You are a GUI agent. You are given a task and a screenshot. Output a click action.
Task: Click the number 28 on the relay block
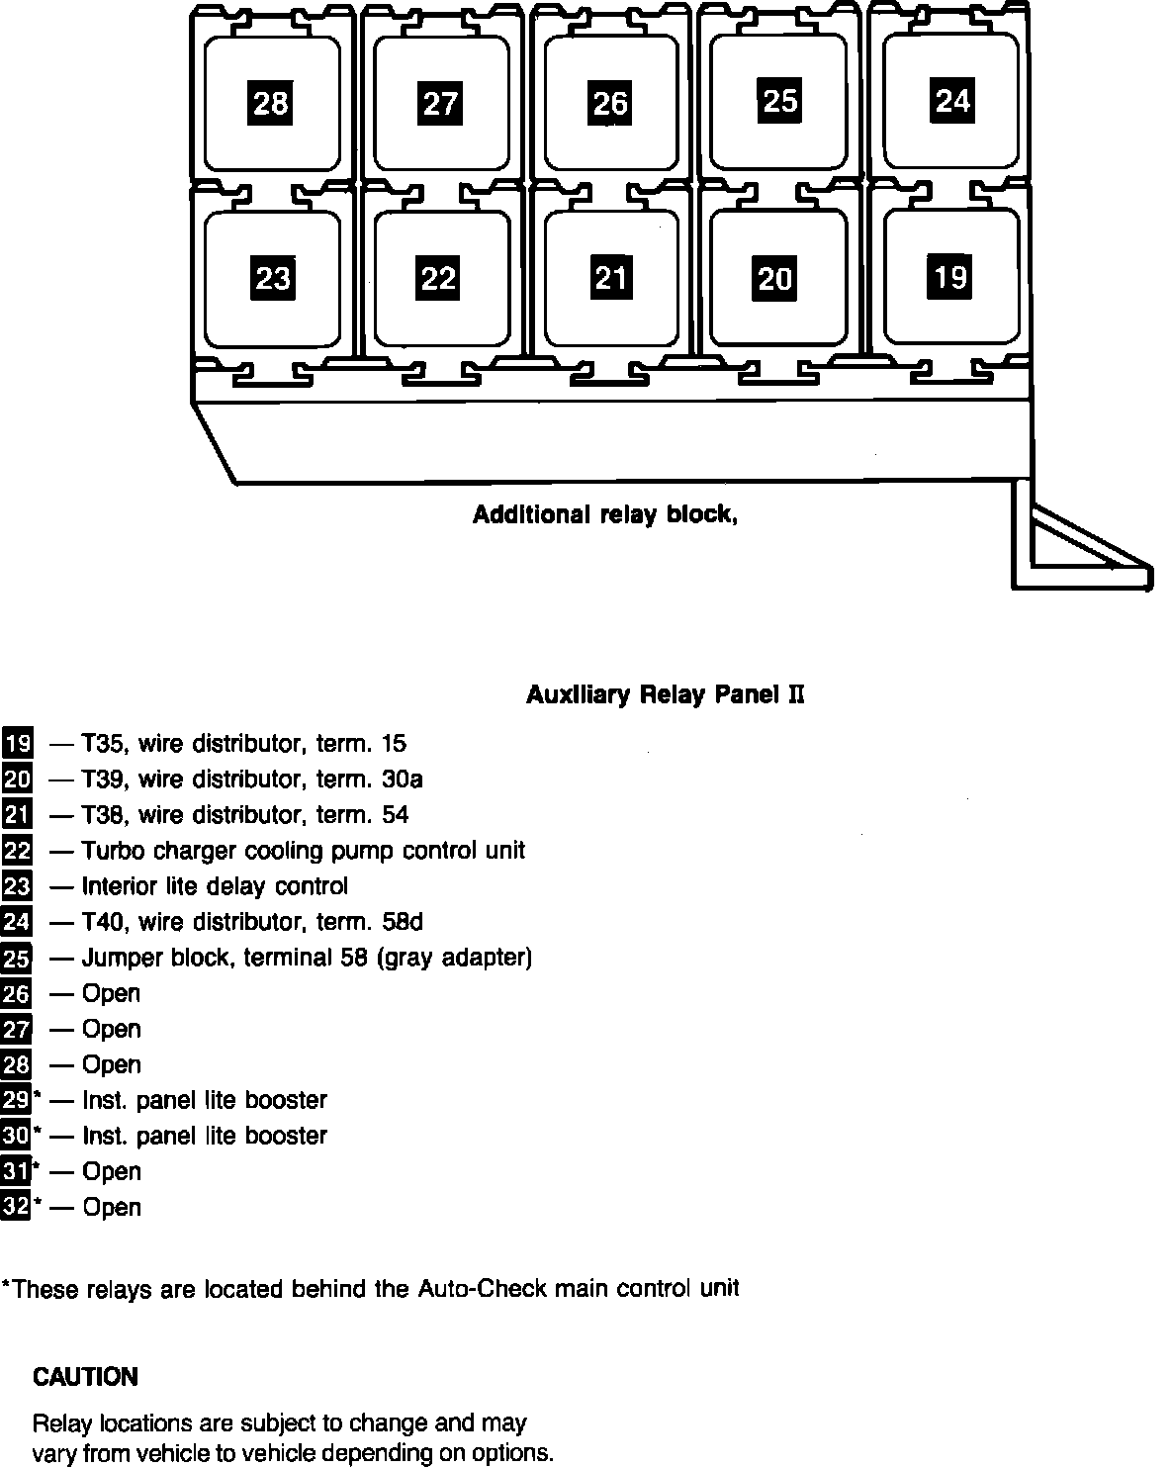click(x=271, y=103)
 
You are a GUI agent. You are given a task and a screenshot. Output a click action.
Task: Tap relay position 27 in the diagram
click(x=440, y=103)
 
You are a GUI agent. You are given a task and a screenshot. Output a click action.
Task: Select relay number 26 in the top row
click(x=609, y=103)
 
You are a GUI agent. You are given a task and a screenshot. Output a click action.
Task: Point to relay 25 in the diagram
click(x=779, y=100)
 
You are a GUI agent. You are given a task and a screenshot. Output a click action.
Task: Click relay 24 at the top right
click(x=952, y=100)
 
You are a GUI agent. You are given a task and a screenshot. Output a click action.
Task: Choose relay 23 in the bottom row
click(x=272, y=278)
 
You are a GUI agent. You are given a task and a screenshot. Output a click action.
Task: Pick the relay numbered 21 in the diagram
click(x=611, y=277)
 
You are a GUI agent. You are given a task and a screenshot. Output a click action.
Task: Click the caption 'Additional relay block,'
click(x=605, y=515)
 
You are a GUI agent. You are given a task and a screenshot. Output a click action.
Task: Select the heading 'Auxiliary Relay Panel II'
click(x=665, y=695)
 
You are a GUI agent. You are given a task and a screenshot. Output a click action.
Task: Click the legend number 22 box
click(x=17, y=851)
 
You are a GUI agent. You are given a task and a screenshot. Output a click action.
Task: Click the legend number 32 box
click(x=17, y=1207)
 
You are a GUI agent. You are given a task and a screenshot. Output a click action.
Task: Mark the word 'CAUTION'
click(x=85, y=1377)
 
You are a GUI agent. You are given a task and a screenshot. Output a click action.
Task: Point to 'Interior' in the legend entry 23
click(x=116, y=886)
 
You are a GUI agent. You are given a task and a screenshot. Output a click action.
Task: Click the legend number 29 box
click(x=17, y=1100)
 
